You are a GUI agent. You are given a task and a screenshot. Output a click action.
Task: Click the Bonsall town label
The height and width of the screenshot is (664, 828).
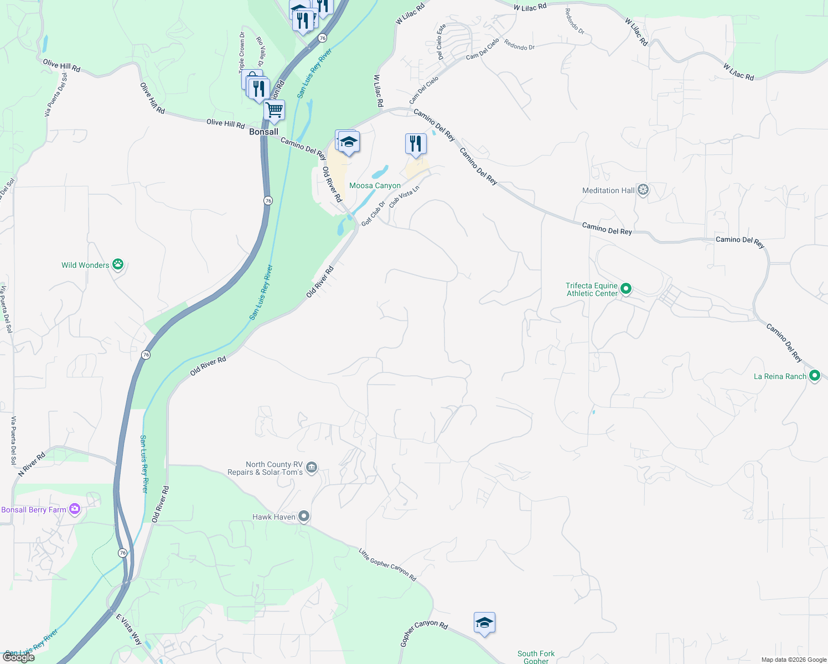(x=263, y=132)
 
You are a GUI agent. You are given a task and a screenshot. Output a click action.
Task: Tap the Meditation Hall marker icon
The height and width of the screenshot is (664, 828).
(x=643, y=190)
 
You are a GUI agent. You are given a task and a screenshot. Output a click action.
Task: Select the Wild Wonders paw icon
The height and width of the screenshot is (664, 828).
(x=118, y=264)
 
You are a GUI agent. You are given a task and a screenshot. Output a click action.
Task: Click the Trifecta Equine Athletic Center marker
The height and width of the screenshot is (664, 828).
(x=626, y=289)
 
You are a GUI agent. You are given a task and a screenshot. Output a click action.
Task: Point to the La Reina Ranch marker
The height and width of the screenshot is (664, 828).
(x=814, y=376)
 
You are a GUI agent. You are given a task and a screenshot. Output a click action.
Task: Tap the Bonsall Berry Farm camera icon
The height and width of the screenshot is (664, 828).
(x=75, y=509)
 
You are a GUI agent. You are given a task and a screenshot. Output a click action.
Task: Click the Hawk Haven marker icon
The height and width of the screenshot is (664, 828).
(x=304, y=517)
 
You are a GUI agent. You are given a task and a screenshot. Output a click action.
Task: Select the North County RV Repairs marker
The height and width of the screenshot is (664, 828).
(x=312, y=468)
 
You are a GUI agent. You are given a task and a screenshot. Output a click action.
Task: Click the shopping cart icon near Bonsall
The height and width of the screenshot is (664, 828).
(x=275, y=111)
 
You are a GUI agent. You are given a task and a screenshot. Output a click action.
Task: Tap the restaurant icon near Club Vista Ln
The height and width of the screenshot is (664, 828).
(x=415, y=144)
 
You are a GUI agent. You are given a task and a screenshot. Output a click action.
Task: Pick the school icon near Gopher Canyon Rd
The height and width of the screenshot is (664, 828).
(x=484, y=623)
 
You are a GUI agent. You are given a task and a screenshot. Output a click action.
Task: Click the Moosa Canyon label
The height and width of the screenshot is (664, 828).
(x=375, y=186)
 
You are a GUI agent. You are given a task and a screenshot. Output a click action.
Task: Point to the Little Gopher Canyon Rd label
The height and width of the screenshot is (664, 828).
(x=387, y=564)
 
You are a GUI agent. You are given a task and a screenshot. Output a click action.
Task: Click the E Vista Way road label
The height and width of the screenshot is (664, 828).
(x=129, y=630)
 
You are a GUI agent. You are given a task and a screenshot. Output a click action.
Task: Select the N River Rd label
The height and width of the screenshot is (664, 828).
(x=32, y=464)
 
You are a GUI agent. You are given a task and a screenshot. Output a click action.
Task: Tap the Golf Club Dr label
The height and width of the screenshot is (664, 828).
(x=373, y=213)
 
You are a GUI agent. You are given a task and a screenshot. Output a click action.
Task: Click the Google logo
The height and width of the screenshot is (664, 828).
(x=19, y=657)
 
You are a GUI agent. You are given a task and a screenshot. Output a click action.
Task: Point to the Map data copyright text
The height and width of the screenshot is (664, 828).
(x=794, y=660)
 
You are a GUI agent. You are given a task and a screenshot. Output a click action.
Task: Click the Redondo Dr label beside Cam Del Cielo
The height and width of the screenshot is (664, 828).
(x=520, y=47)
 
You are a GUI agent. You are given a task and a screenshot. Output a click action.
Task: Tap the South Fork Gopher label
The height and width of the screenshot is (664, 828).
(x=536, y=657)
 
